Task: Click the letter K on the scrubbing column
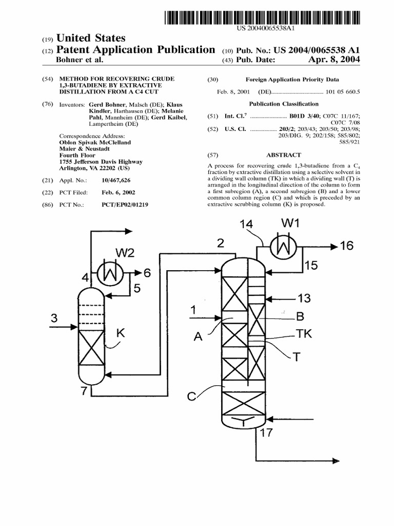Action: pos(121,333)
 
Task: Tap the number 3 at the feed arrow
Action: pos(54,318)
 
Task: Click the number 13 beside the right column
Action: pos(304,298)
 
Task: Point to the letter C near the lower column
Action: pos(191,396)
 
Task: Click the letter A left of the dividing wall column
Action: pos(198,336)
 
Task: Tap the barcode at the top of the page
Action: pos(262,18)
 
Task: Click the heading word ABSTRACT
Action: pos(284,155)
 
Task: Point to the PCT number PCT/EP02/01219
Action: pos(125,204)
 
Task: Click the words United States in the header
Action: pos(90,38)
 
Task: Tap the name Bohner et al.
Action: pos(79,60)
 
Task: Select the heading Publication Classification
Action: pos(284,103)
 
